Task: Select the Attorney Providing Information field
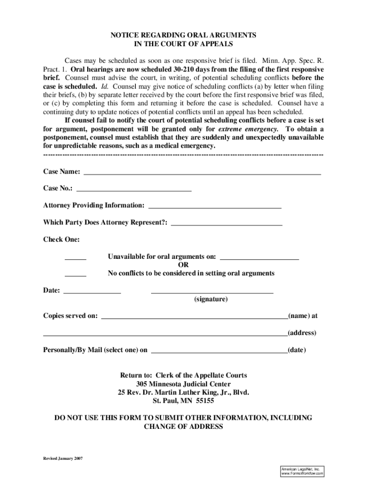[x=215, y=207]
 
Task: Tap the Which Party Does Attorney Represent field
[x=226, y=224]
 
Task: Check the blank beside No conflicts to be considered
[x=75, y=274]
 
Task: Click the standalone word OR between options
[x=183, y=265]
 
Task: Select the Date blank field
[x=92, y=291]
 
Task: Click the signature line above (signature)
[x=212, y=291]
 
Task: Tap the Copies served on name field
[x=194, y=317]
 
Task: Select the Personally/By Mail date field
[x=219, y=351]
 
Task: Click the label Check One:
[x=61, y=239]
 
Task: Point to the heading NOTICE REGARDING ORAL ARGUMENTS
[x=183, y=35]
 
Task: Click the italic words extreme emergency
[x=248, y=129]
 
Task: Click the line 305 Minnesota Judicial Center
[x=183, y=384]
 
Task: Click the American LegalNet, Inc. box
[x=302, y=471]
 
